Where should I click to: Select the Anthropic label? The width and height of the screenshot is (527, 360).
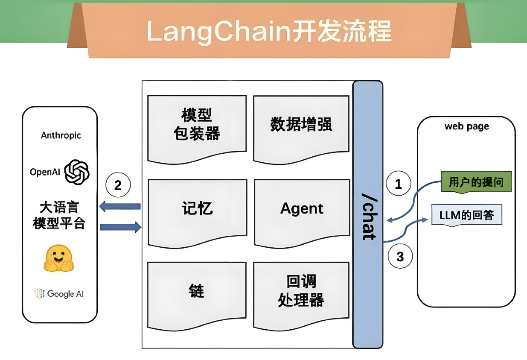click(61, 135)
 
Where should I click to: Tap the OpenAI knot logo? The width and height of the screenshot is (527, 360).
click(77, 172)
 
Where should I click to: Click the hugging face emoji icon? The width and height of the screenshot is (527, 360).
click(59, 258)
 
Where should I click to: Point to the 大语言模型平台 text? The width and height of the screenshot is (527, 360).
click(59, 216)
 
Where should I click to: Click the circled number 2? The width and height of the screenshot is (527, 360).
click(118, 185)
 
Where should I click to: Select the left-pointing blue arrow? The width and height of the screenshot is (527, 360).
click(120, 207)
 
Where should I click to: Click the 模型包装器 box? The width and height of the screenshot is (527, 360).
click(197, 126)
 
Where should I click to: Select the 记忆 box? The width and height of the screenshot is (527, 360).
click(197, 209)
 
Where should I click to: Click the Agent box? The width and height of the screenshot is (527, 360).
click(301, 209)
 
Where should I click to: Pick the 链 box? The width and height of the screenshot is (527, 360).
click(197, 292)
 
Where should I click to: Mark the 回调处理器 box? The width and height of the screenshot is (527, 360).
click(301, 292)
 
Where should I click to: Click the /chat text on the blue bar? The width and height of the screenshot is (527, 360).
click(368, 216)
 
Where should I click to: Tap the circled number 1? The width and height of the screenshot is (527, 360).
click(398, 184)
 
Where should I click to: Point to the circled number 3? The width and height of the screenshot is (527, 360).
click(400, 257)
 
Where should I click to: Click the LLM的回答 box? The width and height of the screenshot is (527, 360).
click(466, 215)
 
